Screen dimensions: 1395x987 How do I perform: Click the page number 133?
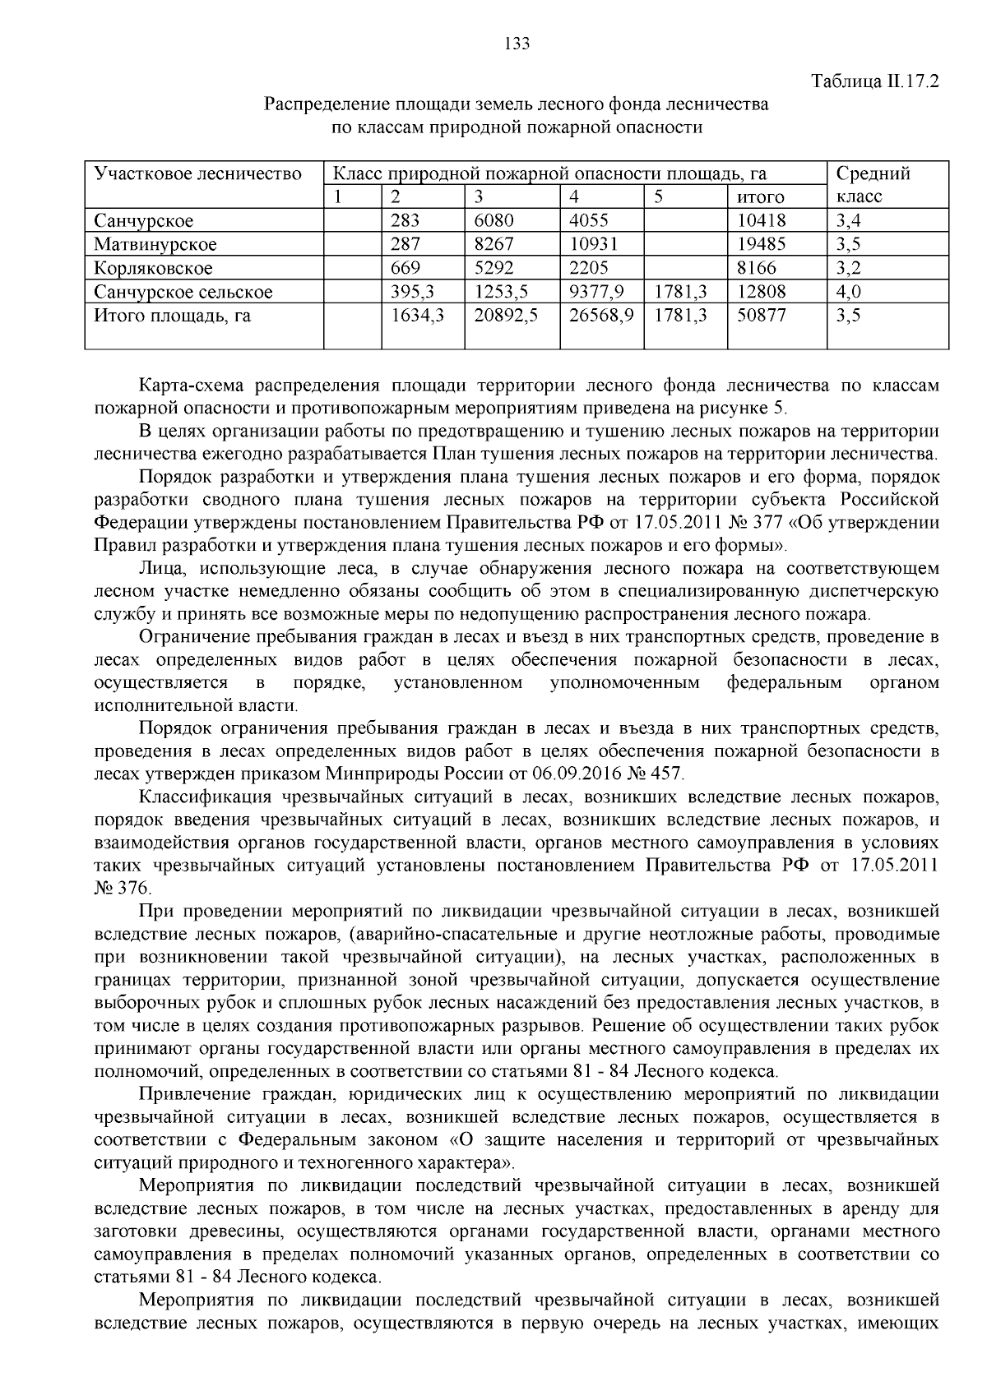[x=517, y=44]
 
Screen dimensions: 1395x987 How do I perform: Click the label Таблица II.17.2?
[x=874, y=82]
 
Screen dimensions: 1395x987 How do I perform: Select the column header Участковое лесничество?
[x=198, y=173]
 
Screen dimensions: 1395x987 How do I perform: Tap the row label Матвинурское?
[x=155, y=244]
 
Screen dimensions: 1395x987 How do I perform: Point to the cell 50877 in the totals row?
[x=761, y=315]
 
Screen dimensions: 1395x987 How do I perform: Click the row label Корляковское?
[x=153, y=268]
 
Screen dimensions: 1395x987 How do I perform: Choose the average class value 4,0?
[x=848, y=292]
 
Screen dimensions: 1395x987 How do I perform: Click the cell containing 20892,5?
[x=506, y=315]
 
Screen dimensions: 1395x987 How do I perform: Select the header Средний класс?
[x=872, y=185]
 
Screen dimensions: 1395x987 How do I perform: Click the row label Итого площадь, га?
[x=173, y=315]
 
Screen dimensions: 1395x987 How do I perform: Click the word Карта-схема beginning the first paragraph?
[x=191, y=386]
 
